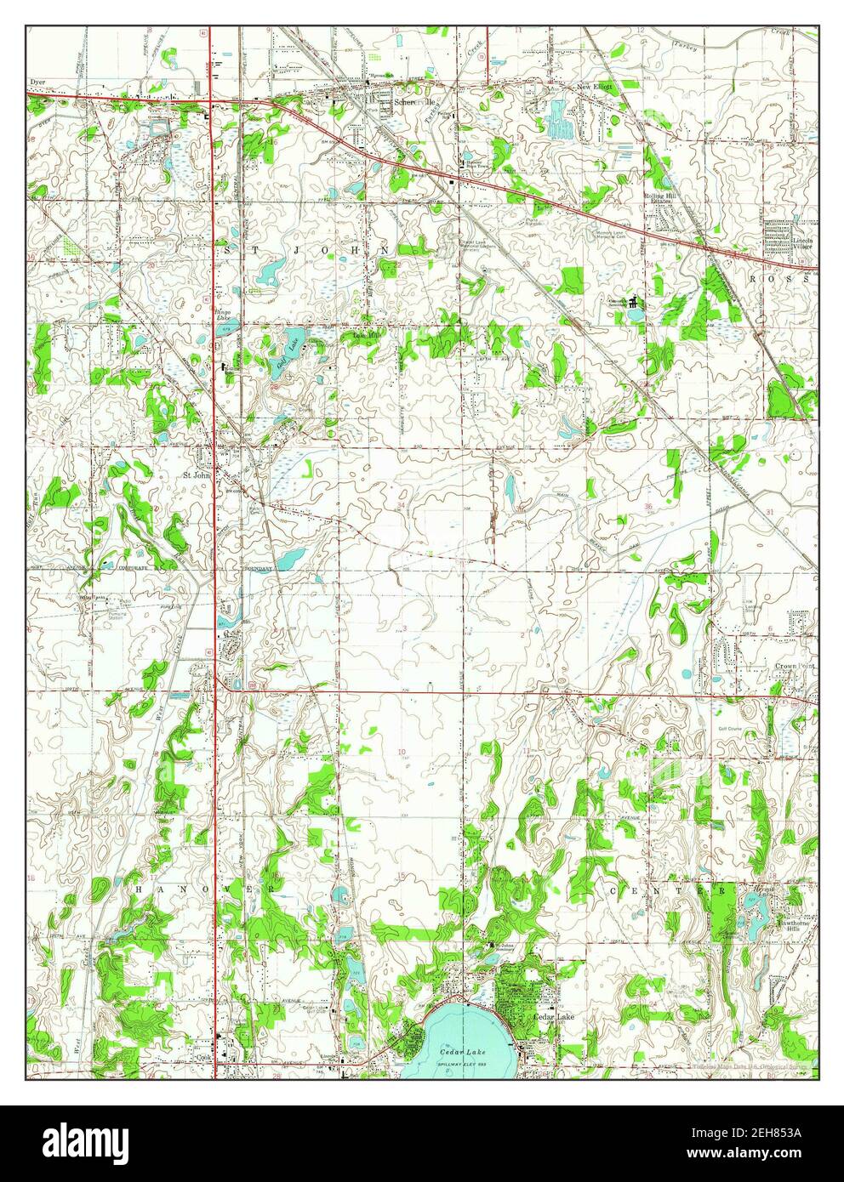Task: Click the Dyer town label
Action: point(36,82)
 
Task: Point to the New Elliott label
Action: point(595,87)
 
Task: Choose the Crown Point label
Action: point(794,666)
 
